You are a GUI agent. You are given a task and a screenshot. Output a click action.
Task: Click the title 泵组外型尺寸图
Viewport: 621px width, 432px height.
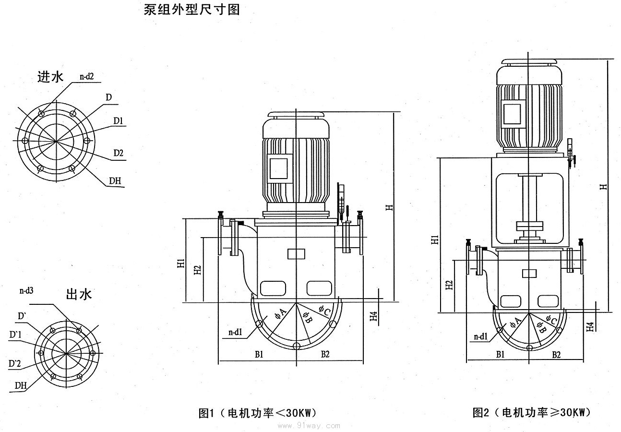pos(191,10)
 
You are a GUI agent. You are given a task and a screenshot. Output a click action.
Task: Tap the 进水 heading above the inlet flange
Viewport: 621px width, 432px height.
pos(50,77)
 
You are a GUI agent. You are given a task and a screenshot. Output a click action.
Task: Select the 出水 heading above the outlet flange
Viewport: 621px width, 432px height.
pos(78,294)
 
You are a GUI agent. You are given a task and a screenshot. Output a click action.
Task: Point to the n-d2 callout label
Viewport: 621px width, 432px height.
pos(90,76)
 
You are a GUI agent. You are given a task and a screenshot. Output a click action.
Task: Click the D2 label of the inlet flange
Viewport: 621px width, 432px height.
pos(119,153)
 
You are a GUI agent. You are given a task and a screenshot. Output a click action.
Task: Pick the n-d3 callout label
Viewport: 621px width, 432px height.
pos(26,290)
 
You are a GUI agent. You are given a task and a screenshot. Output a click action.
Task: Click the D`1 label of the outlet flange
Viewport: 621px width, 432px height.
pos(16,334)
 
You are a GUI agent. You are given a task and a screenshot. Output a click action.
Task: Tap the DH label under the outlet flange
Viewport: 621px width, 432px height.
pos(20,385)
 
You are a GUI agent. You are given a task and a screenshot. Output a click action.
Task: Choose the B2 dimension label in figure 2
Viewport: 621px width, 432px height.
pos(556,355)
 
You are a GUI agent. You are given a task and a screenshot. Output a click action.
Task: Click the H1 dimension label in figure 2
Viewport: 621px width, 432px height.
pos(434,240)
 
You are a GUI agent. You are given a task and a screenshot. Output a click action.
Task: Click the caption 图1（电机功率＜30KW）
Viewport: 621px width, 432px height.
pos(258,413)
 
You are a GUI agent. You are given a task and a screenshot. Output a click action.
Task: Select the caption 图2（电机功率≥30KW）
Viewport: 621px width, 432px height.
pos(532,412)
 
